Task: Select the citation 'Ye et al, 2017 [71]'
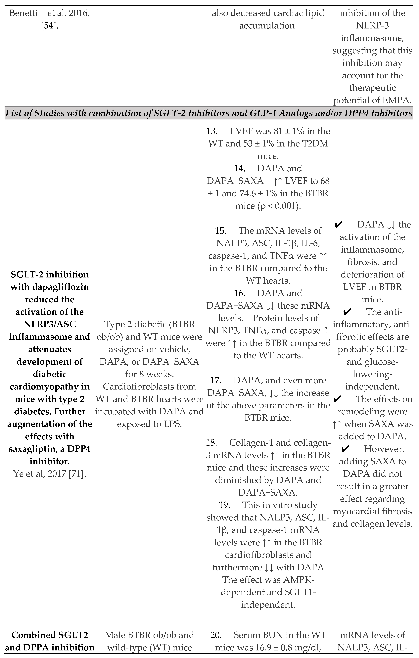[50, 474]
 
